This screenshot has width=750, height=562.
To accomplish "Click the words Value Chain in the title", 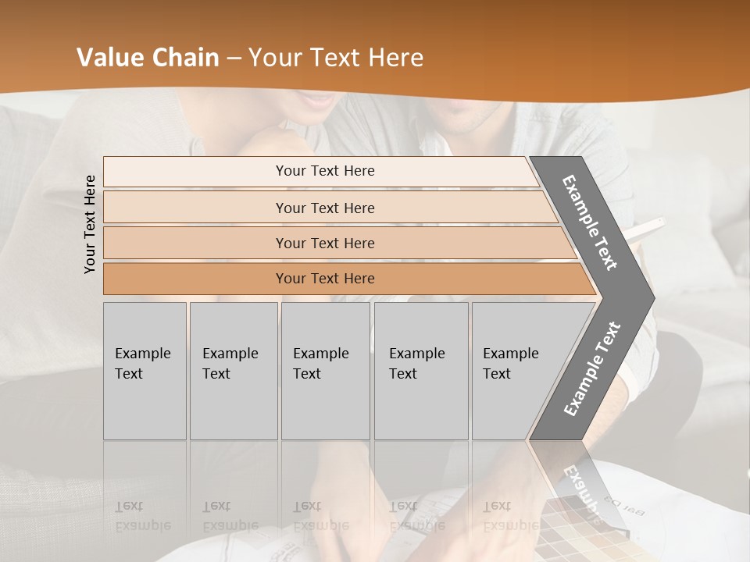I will (148, 58).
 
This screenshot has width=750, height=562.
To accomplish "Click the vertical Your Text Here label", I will (91, 224).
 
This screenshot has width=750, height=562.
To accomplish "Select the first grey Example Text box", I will (145, 371).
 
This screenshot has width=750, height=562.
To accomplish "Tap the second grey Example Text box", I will (233, 371).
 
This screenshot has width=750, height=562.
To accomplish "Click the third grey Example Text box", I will (324, 371).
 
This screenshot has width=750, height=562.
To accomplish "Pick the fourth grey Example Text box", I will (420, 371).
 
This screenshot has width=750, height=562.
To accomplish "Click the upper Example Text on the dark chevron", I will (590, 222).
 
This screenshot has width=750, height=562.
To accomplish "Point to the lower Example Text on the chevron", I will (592, 368).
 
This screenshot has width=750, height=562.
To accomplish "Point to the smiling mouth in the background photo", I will (316, 101).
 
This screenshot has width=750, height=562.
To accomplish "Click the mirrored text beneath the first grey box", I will (142, 516).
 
